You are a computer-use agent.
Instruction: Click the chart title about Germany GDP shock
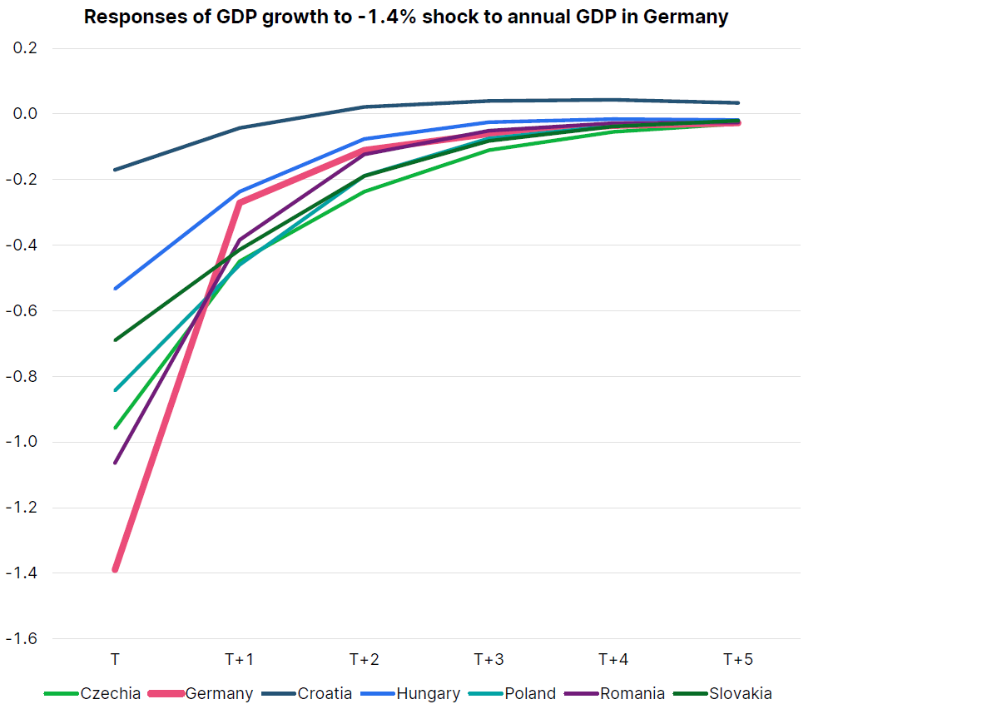tap(406, 17)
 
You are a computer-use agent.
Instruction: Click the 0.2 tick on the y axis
tap(27, 48)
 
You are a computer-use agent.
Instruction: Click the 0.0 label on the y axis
tap(27, 114)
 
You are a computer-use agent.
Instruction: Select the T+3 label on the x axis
tap(489, 660)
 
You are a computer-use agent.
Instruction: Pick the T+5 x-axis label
tap(737, 660)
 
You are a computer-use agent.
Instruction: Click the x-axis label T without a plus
tap(115, 660)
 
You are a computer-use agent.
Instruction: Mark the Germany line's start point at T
tap(116, 569)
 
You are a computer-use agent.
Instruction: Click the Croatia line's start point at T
tap(116, 170)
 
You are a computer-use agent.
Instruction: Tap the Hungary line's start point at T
tap(116, 289)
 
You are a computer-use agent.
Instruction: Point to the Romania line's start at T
tap(116, 463)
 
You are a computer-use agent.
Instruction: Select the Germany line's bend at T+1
tap(240, 202)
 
